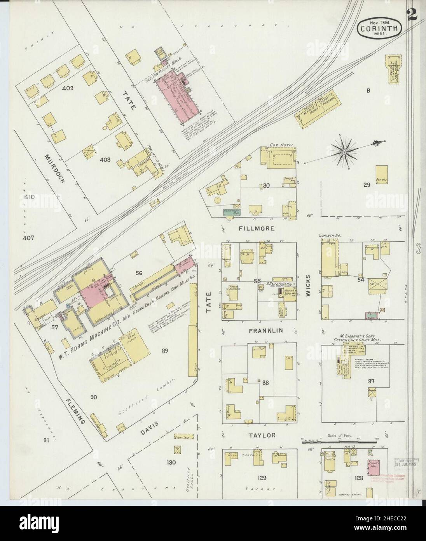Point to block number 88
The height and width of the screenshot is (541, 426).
265,383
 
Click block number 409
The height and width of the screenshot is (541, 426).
67,88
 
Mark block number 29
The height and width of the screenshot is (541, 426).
366,185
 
